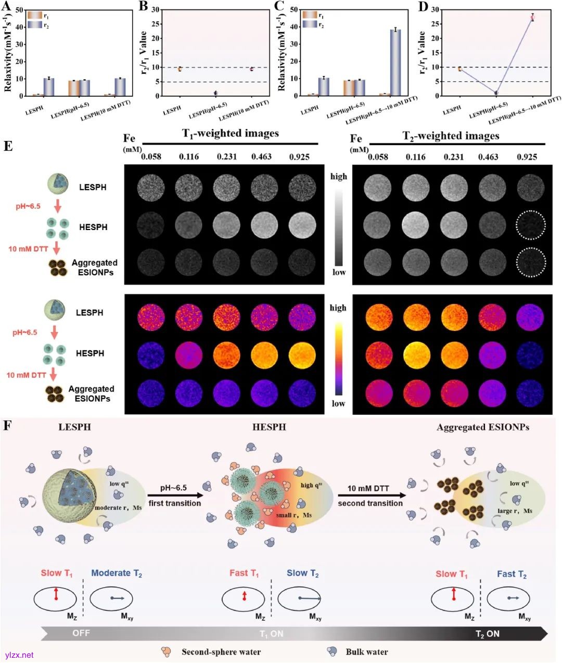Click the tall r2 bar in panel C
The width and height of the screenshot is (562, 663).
396,62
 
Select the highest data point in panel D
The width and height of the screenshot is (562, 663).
532,17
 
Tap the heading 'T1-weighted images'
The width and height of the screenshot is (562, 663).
231,134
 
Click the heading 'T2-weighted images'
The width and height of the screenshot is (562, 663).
451,136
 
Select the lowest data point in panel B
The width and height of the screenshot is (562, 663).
215,93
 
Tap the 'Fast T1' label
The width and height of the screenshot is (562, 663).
244,573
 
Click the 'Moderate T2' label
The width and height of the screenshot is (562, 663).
117,573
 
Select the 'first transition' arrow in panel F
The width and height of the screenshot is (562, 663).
174,495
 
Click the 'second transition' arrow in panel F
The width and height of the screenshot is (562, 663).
370,495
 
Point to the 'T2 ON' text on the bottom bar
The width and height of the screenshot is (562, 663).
487,633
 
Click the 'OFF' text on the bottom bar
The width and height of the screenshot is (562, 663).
82,633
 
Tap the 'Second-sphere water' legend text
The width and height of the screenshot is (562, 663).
221,652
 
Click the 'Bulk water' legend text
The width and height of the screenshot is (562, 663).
367,652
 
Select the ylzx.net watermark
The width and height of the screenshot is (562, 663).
19,655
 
